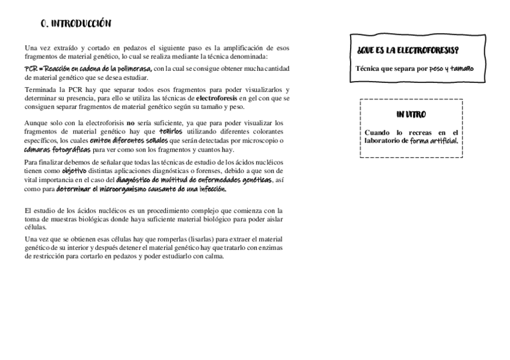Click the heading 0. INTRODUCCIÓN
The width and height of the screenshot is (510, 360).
(75, 24)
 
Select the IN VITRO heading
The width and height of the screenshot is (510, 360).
(411, 115)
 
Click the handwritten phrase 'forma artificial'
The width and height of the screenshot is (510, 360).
(434, 141)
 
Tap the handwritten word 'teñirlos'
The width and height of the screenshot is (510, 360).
(171, 132)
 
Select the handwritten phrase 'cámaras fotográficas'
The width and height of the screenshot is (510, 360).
(57, 149)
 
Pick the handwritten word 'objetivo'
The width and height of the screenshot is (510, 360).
(75, 171)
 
